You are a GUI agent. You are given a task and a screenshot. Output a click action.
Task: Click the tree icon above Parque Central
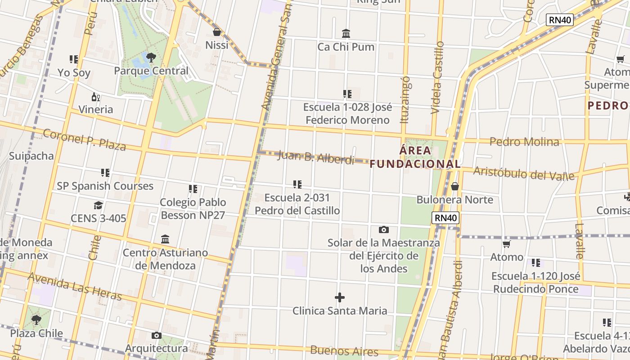click(151, 57)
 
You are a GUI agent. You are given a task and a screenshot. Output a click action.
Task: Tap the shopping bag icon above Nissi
click(217, 32)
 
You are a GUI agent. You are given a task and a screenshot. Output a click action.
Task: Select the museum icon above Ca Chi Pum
click(346, 34)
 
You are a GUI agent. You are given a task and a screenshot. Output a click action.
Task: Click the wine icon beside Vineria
click(96, 97)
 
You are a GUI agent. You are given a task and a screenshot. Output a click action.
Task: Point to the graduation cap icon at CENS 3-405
click(98, 206)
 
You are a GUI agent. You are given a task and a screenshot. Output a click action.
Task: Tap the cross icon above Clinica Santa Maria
click(340, 297)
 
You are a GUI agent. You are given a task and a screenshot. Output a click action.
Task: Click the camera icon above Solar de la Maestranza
click(383, 230)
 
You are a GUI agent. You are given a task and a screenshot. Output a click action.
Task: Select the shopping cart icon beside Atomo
click(507, 244)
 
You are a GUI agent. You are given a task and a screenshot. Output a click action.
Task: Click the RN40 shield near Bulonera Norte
click(445, 218)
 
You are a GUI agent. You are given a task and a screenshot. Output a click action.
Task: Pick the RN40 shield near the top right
click(560, 20)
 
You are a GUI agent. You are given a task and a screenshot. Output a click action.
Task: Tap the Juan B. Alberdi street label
click(316, 157)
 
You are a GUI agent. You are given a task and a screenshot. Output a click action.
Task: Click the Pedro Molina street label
click(524, 142)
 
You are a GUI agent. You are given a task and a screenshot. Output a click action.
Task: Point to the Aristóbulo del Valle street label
click(524, 173)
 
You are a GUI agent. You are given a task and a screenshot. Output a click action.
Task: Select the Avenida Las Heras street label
click(75, 286)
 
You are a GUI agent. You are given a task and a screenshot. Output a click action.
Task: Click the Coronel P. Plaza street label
click(84, 139)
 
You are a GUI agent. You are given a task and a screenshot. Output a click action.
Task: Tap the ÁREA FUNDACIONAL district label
click(415, 157)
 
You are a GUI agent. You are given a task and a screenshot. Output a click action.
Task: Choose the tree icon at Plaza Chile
click(36, 320)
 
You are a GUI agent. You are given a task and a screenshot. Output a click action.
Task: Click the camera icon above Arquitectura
click(156, 335)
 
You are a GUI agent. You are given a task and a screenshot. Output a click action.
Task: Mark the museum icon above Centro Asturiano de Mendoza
click(165, 239)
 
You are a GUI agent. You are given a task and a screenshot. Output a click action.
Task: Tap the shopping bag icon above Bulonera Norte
click(455, 186)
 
